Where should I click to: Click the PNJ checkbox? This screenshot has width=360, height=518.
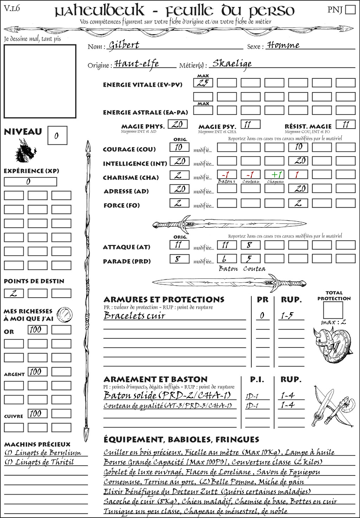coord(350,9)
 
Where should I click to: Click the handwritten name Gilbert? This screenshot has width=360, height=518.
coord(124,45)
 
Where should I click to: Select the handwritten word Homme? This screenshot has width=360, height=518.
coord(283,45)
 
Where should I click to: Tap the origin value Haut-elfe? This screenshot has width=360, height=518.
coord(137,64)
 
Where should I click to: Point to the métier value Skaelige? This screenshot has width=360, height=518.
coord(232,64)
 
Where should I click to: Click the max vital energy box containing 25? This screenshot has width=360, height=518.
coord(203,83)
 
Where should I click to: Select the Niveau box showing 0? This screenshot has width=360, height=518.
coord(57,135)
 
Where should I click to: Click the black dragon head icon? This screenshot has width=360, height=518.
coord(26,151)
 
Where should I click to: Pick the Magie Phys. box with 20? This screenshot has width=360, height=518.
coord(178,124)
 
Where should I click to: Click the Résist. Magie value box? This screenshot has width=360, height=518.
coord(345,124)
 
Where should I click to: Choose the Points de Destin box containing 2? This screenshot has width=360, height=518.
coord(14,293)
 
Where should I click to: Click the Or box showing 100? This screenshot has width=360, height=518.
coord(37,330)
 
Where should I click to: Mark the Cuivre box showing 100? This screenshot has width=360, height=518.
coord(37,414)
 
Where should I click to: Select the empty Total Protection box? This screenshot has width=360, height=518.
coord(333,310)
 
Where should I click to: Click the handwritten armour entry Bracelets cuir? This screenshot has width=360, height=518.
coord(134,316)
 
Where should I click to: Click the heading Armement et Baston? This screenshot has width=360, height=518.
coord(155,379)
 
